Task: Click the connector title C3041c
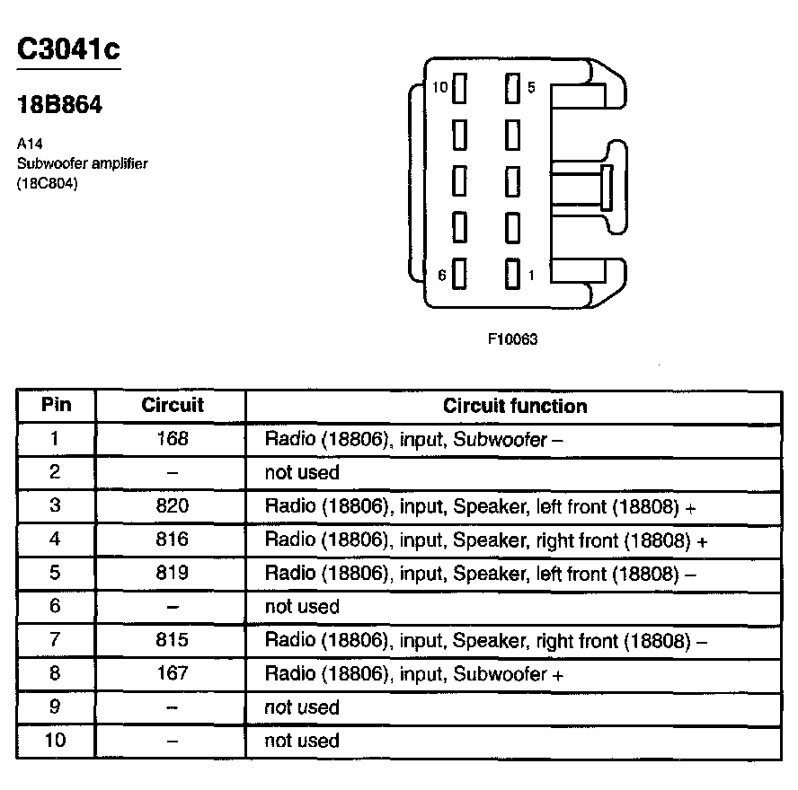[x=68, y=48]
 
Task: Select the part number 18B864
[x=59, y=105]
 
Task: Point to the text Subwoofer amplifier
[x=82, y=163]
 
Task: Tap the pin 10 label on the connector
[x=439, y=88]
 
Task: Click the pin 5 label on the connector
[x=531, y=88]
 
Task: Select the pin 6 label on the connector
[x=442, y=276]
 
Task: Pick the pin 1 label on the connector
[x=531, y=276]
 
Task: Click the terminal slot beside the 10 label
[x=460, y=89]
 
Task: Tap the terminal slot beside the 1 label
[x=513, y=274]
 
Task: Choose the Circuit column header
[x=173, y=406]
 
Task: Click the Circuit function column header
[x=515, y=406]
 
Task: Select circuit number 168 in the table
[x=173, y=439]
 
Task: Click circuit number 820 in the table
[x=173, y=506]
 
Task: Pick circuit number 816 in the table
[x=173, y=540]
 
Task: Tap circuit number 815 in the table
[x=173, y=640]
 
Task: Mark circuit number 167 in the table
[x=173, y=673]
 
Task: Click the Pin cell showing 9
[x=55, y=707]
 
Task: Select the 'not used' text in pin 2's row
[x=302, y=472]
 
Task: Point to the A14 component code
[x=30, y=144]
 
